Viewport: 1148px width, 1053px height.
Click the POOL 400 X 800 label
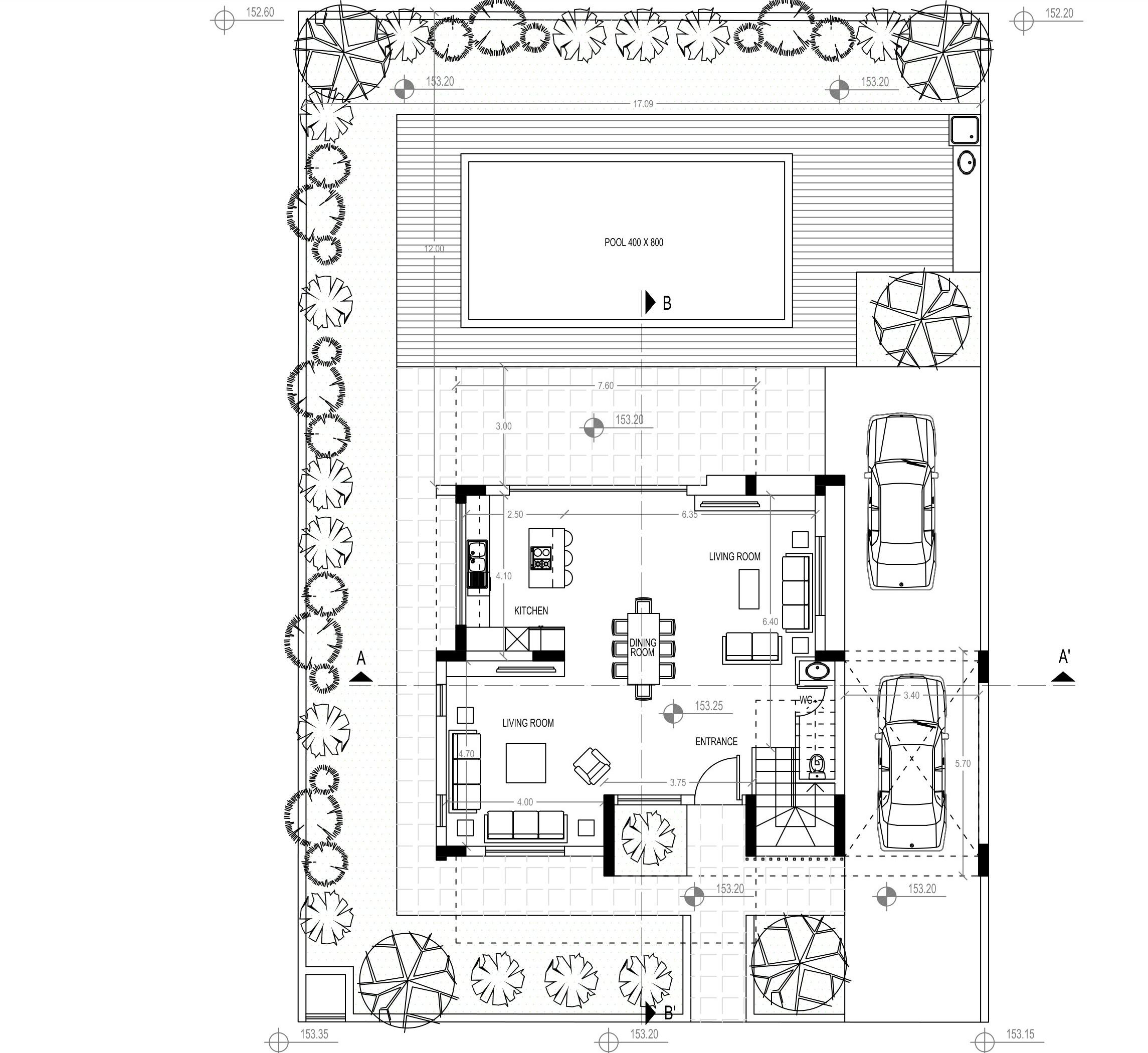(x=634, y=243)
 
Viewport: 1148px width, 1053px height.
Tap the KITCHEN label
(x=531, y=611)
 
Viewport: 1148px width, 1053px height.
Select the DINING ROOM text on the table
(x=642, y=648)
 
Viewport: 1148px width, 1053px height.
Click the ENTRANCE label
(x=716, y=741)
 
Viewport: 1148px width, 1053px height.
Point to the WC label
(x=806, y=699)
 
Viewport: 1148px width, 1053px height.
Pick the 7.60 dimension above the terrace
(x=606, y=386)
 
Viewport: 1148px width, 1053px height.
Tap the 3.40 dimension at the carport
(x=911, y=695)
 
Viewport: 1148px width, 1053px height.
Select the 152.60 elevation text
(x=260, y=13)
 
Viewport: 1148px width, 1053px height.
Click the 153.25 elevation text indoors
(x=708, y=706)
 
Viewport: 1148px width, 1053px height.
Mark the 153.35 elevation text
(x=314, y=1034)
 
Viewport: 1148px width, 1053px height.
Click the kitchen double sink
(x=477, y=557)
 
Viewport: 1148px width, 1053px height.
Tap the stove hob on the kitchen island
(x=541, y=558)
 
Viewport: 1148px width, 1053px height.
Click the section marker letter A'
(x=1064, y=658)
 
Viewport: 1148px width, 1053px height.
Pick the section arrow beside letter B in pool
(x=650, y=303)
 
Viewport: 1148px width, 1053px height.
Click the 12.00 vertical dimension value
(x=434, y=249)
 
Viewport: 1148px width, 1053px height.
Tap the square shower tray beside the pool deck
(x=965, y=130)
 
